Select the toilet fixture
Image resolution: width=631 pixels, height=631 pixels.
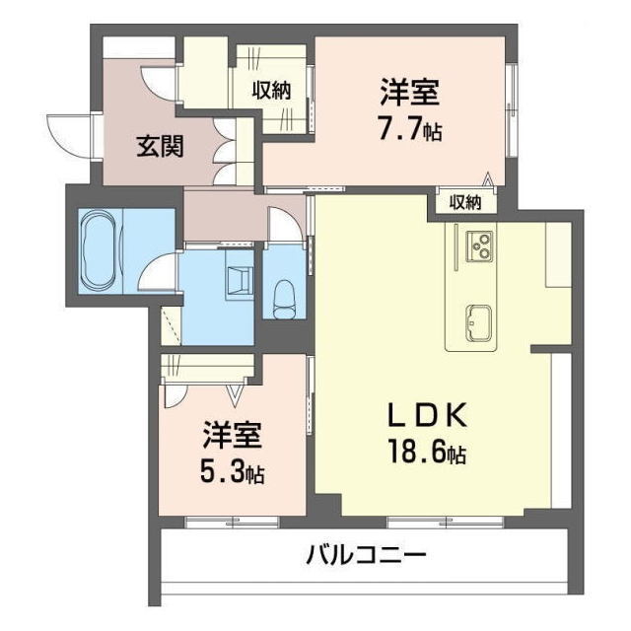tap(283, 292)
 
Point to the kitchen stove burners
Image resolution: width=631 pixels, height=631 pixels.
tap(480, 244)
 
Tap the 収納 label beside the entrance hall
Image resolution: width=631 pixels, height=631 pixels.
tap(271, 91)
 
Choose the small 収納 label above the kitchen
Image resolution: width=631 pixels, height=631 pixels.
tap(465, 202)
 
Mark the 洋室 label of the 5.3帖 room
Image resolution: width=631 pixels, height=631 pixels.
tap(232, 434)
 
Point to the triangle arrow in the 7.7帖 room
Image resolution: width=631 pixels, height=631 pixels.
tap(486, 178)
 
